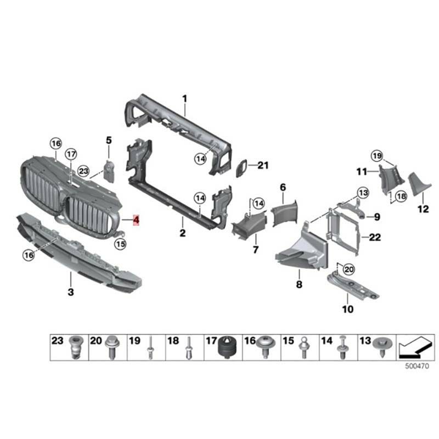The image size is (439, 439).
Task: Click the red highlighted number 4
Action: (x=136, y=220)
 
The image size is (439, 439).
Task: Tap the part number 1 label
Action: (x=184, y=99)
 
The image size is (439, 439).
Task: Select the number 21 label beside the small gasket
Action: (x=263, y=165)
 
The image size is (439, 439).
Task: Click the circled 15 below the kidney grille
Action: (x=120, y=244)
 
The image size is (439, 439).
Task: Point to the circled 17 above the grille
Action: (x=71, y=154)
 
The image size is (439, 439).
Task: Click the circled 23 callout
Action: (x=83, y=171)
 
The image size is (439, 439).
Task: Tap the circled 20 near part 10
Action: (x=348, y=269)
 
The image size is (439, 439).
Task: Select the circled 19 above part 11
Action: (x=377, y=156)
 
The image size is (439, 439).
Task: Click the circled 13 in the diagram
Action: (x=363, y=193)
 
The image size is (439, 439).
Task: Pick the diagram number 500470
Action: (x=417, y=366)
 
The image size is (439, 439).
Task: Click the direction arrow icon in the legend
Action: (x=415, y=347)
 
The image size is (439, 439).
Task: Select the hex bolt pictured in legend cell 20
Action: (x=112, y=347)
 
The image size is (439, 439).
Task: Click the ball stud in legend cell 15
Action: (x=303, y=348)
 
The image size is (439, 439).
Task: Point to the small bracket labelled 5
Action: (x=109, y=171)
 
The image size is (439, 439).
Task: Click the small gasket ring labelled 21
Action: (x=241, y=168)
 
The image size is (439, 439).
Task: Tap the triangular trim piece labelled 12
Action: (x=419, y=184)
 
